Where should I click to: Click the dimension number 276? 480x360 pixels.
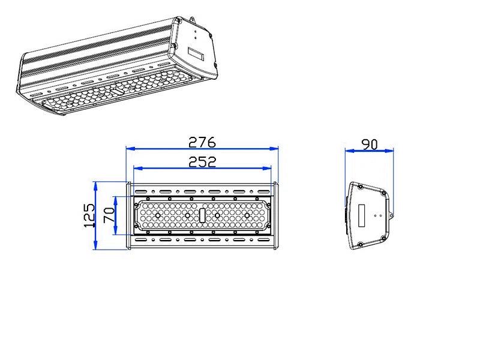click(x=202, y=142)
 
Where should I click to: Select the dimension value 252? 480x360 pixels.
click(x=202, y=161)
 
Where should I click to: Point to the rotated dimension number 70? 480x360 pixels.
click(x=109, y=215)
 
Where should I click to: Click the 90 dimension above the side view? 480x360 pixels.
click(x=369, y=145)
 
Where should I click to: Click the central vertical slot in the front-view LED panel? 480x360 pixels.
click(x=202, y=215)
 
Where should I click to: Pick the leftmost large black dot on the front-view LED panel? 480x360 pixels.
click(x=158, y=215)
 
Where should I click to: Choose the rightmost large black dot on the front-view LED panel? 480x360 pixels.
click(x=247, y=215)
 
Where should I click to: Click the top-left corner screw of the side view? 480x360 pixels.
click(x=359, y=187)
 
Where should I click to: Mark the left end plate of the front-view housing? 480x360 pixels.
click(x=128, y=215)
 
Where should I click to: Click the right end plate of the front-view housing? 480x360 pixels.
click(x=277, y=215)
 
